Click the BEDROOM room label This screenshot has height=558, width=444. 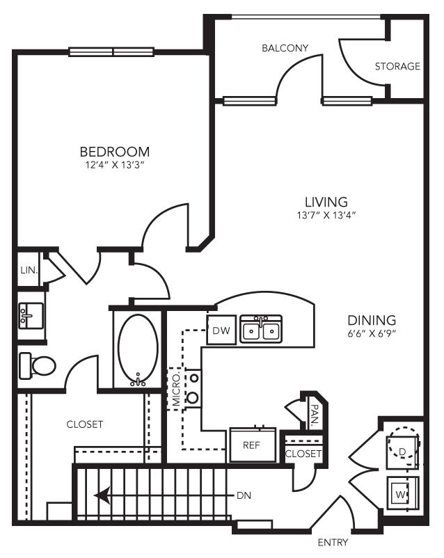pos(114,152)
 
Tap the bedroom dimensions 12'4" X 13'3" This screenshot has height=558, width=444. pos(114,166)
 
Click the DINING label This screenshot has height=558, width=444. pos(372,321)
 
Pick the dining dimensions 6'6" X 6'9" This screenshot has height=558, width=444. pos(372,333)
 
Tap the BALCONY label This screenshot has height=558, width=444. pos(285,48)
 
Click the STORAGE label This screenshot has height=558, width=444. pos(397,67)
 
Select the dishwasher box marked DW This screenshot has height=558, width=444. pos(221,330)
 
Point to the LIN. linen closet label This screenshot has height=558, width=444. pos(29,269)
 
